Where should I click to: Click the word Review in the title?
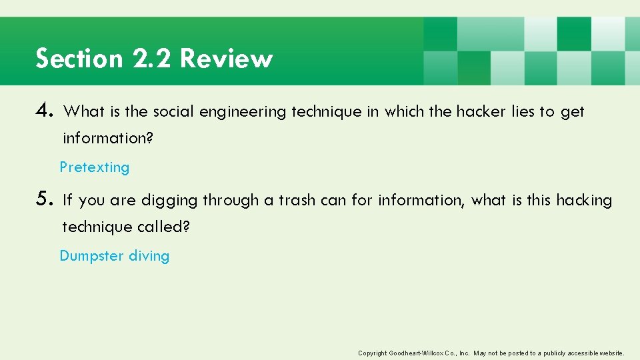[226, 59]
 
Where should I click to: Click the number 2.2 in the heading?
[152, 59]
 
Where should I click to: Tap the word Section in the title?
[79, 59]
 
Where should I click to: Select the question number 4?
[45, 111]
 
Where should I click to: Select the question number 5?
[45, 199]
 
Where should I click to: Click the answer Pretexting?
[95, 167]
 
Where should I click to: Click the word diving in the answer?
[149, 256]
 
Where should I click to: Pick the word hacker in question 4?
[481, 112]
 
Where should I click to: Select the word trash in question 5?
[297, 200]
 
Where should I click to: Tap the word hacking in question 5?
[584, 200]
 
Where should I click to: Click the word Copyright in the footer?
[373, 353]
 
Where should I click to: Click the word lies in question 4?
[523, 112]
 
